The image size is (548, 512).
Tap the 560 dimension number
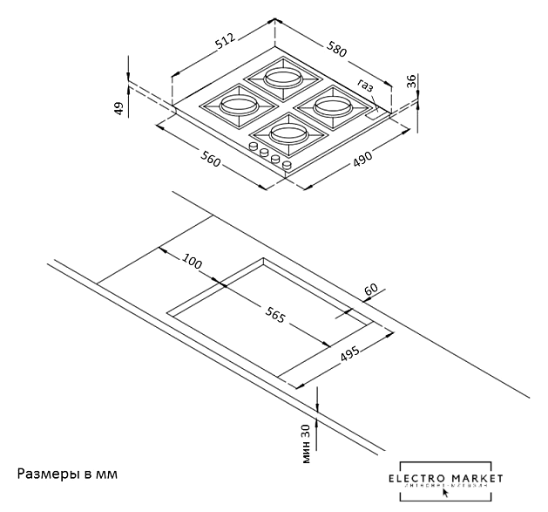209,160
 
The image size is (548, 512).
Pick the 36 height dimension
412,82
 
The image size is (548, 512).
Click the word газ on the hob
365,85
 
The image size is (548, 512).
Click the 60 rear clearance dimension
371,290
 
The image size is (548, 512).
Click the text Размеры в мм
67,474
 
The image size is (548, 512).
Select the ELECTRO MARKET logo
446,481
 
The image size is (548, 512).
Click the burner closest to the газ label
333,106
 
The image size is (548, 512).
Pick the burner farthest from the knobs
282,75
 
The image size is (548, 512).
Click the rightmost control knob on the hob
285,163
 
